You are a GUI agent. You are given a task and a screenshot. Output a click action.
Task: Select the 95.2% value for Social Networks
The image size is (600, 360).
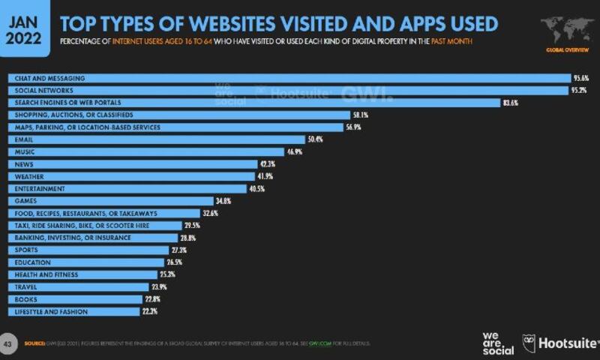pos(579,90)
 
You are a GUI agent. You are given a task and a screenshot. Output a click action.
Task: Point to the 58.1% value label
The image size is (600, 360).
pos(361,115)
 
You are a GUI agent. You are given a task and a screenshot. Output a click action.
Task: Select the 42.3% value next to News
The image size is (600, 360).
pos(268,163)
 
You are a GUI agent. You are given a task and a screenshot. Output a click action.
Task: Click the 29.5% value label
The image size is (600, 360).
pos(192,225)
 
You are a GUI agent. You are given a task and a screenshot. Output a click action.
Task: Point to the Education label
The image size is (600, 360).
pos(32,262)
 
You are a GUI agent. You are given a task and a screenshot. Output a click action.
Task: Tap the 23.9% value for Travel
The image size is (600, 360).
pos(160,286)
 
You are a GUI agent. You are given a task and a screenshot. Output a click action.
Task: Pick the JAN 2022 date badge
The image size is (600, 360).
pos(24,28)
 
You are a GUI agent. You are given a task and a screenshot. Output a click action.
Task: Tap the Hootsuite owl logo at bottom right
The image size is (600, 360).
pos(529,343)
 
